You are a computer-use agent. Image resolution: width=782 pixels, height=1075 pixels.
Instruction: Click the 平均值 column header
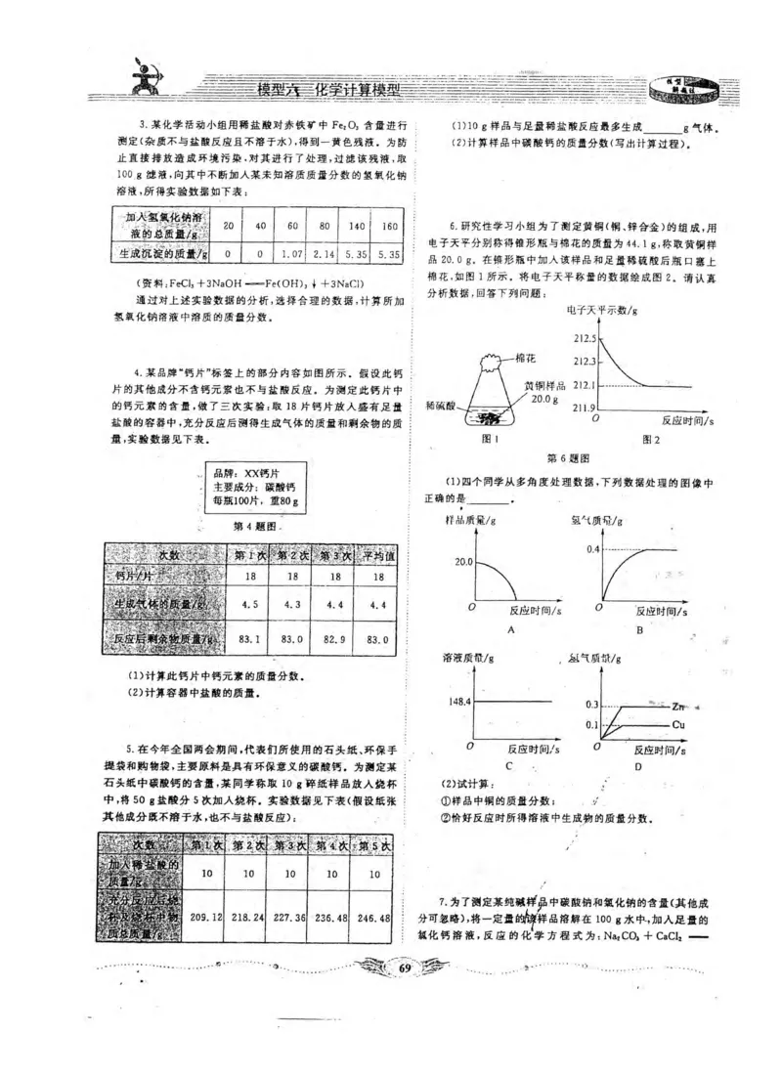[x=376, y=554]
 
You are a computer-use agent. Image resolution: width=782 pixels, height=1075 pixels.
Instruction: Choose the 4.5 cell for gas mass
[x=249, y=604]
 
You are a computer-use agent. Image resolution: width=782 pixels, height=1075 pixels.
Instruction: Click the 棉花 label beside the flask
[x=527, y=359]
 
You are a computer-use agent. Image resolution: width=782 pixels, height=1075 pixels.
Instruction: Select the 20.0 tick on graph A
[x=462, y=563]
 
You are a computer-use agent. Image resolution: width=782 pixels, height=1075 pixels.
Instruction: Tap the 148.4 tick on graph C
[x=458, y=701]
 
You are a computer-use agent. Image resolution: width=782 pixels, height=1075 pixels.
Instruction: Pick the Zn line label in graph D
[x=681, y=705]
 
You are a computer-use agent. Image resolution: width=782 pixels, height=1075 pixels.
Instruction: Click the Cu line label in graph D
[x=681, y=724]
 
